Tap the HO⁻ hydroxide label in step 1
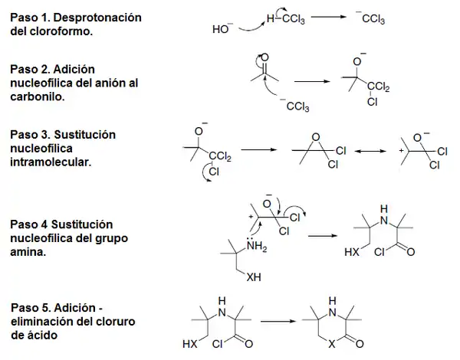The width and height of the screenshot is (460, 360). tap(222, 30)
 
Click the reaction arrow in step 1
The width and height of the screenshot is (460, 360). tap(314, 21)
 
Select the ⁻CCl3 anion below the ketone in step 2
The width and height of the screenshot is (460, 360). tap(293, 106)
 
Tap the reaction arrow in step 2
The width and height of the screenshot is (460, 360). tap(310, 80)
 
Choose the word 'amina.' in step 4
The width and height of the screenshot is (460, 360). tap(28, 252)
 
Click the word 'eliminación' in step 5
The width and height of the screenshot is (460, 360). tap(44, 322)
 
